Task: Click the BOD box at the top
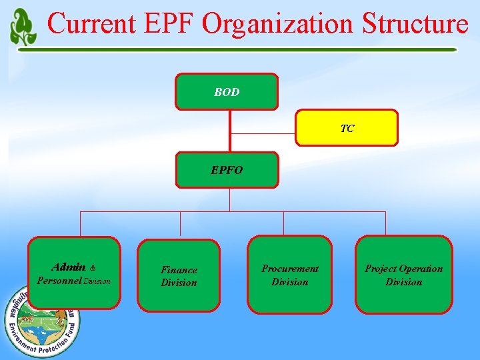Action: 227,92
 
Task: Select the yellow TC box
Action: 347,128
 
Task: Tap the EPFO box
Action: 227,170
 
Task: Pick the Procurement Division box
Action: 290,275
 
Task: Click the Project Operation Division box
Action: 403,275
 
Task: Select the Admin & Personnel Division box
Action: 74,273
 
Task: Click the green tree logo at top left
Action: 23,27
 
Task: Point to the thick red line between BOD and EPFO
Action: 230,131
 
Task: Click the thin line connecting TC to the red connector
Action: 263,135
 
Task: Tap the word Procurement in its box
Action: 290,269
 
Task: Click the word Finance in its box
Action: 179,270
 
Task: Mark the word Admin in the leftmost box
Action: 69,267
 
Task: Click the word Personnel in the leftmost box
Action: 59,281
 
